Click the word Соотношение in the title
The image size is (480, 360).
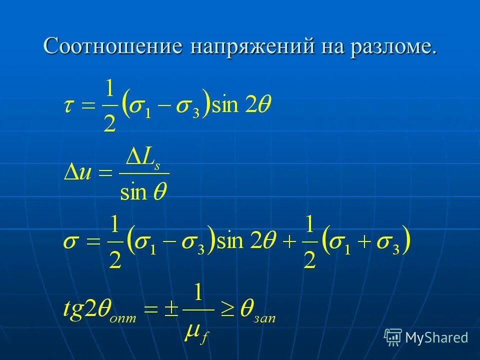[x=113, y=46]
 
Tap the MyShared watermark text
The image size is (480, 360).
[x=436, y=338]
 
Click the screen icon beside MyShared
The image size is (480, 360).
[x=393, y=338]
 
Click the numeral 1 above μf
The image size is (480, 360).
[x=198, y=294]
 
